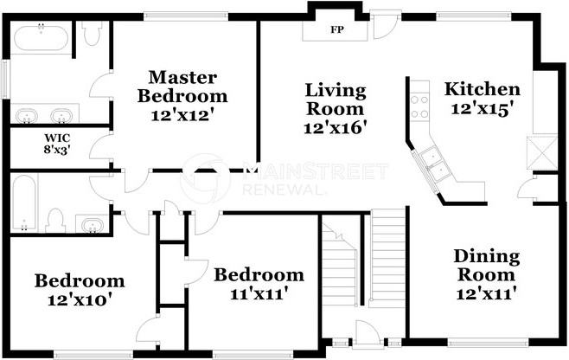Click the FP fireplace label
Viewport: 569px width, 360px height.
coord(336,29)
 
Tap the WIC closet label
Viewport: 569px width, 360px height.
coord(57,138)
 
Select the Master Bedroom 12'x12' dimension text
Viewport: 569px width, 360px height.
coord(182,115)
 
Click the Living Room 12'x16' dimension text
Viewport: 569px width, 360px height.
coord(335,128)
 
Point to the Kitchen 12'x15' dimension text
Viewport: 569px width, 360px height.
coord(483,109)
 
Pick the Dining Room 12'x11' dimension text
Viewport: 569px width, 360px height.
coord(486,293)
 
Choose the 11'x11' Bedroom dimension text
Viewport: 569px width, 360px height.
coord(259,293)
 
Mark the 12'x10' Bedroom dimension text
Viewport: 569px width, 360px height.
coord(80,300)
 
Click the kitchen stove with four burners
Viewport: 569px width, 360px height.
coord(419,106)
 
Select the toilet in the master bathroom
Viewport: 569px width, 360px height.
coord(91,33)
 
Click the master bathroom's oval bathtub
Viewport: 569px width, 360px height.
coord(41,38)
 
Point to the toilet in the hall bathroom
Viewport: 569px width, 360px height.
coord(55,221)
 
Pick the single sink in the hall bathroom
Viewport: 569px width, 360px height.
coord(91,225)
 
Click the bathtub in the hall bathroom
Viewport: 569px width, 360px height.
coord(24,202)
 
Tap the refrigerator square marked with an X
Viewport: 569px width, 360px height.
coord(542,152)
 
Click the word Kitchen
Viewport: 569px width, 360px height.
coord(483,89)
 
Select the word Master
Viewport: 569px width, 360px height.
coord(183,77)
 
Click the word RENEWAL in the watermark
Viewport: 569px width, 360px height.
coord(282,190)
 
